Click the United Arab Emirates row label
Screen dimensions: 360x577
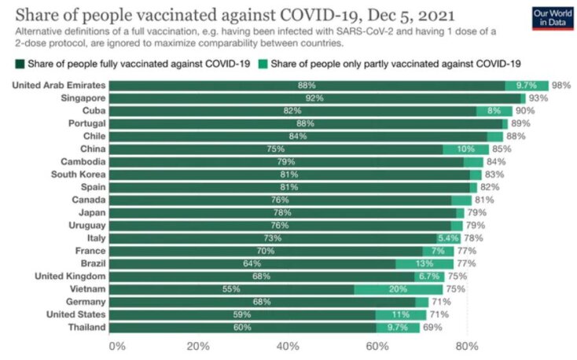(x=59, y=85)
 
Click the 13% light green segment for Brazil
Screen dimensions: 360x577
(x=424, y=263)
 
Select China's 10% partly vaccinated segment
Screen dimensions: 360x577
(x=465, y=149)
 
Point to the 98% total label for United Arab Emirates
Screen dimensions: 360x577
(x=560, y=85)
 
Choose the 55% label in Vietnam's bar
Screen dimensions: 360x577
(x=230, y=289)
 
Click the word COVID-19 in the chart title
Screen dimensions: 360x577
(x=311, y=17)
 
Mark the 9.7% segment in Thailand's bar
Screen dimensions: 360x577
(x=397, y=327)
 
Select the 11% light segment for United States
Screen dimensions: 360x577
(x=402, y=314)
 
